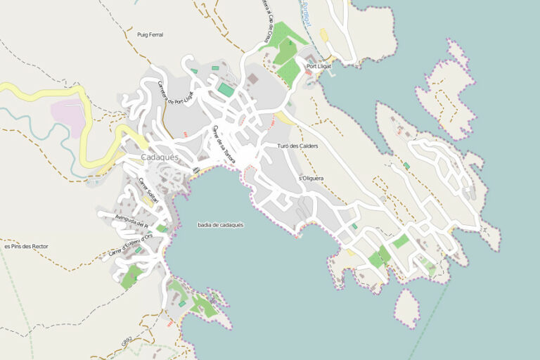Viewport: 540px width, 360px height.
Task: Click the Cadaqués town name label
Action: (160, 157)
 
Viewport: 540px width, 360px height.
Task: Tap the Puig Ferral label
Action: (150, 34)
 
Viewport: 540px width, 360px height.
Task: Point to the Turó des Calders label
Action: (298, 146)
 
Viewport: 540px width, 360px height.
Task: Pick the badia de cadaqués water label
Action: (221, 224)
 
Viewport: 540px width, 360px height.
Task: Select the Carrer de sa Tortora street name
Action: (223, 143)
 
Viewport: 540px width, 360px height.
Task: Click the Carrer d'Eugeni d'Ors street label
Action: (130, 243)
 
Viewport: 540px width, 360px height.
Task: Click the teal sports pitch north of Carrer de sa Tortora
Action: (225, 89)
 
